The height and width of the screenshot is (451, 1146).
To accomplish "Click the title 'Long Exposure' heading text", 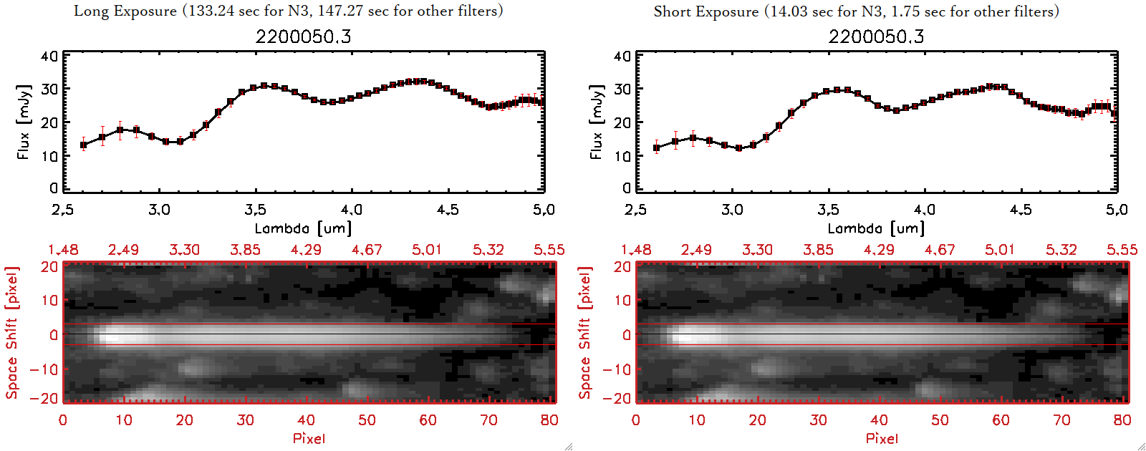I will [x=125, y=11].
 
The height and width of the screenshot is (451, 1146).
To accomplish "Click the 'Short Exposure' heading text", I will [x=706, y=11].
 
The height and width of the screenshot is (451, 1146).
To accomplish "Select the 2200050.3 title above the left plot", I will [x=303, y=37].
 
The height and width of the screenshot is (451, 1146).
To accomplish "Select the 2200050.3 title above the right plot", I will [x=876, y=37].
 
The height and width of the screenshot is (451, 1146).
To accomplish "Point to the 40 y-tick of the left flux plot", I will [x=49, y=57].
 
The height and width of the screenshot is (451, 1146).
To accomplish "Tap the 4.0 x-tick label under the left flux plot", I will [x=351, y=210].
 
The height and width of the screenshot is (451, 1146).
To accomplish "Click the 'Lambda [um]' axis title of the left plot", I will [x=303, y=228].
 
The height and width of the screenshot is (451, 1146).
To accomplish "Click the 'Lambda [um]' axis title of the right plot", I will [x=876, y=228].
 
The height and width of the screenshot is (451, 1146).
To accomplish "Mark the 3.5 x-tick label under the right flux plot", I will [x=828, y=210].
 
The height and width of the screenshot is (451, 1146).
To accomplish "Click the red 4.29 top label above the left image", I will [x=306, y=250].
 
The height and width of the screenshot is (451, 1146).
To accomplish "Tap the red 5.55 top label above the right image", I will [x=1122, y=250].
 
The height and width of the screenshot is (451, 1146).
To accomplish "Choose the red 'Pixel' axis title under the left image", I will [x=309, y=438].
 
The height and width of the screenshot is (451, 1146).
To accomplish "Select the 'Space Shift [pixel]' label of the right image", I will [x=585, y=333].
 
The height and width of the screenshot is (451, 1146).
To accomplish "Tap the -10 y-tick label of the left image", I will [x=44, y=369].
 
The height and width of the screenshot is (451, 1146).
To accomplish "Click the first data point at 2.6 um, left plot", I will [x=84, y=145].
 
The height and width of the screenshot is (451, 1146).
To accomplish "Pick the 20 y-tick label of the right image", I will [x=622, y=267].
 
